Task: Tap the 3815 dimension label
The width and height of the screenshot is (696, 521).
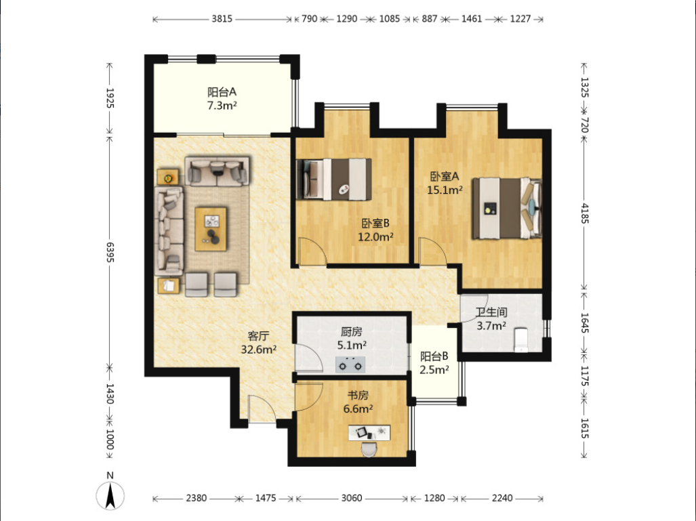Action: (x=222, y=19)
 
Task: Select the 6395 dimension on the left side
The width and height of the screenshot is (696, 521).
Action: (x=110, y=252)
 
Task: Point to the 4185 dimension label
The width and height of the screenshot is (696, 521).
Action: (x=584, y=213)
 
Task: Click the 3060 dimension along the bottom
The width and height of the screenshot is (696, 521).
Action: (x=352, y=498)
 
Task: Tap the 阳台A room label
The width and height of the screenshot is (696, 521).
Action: (x=222, y=92)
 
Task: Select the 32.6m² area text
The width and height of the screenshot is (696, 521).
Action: (x=259, y=350)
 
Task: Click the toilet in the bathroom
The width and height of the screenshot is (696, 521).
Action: (x=520, y=339)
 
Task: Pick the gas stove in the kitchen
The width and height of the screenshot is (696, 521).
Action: (x=350, y=364)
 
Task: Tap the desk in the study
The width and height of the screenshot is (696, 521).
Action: (x=369, y=433)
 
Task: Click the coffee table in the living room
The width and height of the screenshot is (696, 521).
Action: (x=211, y=229)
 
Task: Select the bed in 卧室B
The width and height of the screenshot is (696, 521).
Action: (x=334, y=180)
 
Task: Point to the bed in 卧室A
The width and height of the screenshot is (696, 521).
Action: (x=506, y=208)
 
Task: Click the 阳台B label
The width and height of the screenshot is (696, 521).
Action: (x=434, y=356)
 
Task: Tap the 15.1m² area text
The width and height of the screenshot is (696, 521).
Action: (x=445, y=190)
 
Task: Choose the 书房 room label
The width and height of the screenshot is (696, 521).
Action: (x=358, y=395)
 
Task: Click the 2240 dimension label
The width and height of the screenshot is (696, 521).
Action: (x=502, y=498)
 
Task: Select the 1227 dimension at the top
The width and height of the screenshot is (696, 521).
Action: (x=520, y=19)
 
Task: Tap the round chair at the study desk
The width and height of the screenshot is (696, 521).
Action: (x=369, y=449)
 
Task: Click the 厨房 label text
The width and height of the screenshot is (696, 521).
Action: (x=352, y=331)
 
